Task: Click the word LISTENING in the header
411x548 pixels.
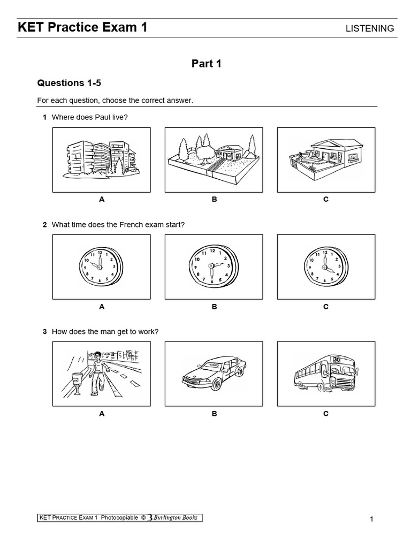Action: click(370, 28)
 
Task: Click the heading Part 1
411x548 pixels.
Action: click(207, 64)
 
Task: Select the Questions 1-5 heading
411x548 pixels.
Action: click(68, 83)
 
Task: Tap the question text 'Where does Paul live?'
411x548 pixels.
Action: click(90, 117)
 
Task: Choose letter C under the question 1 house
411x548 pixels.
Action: click(325, 199)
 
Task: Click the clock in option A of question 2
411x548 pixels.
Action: click(101, 267)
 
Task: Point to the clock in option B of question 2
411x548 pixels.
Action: click(213, 267)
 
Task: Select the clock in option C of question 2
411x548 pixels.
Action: click(325, 267)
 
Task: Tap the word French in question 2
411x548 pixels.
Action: click(119, 224)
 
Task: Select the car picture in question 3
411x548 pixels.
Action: click(214, 374)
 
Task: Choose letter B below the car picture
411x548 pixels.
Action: click(214, 414)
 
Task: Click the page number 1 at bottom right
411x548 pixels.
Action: click(370, 519)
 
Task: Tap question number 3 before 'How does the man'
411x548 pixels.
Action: click(45, 332)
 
